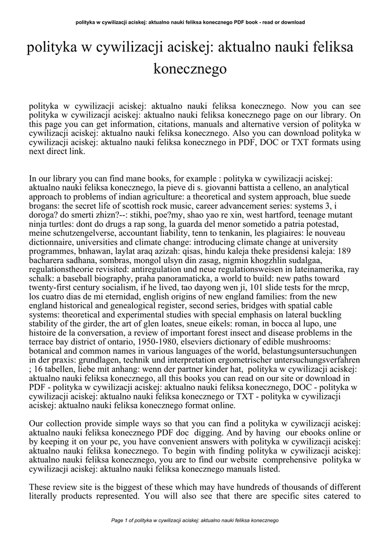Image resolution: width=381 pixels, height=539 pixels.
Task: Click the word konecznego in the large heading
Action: [190, 68]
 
